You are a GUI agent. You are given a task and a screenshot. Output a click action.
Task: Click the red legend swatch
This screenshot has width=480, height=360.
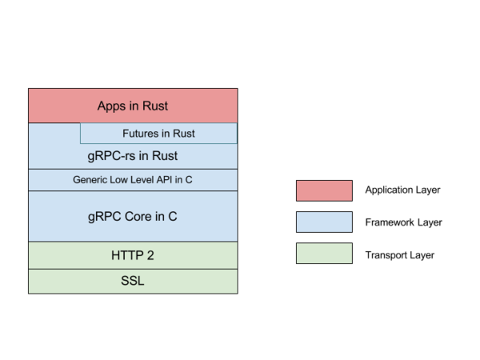tap(324, 190)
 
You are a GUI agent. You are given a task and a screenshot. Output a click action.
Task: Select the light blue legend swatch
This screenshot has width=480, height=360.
tap(324, 222)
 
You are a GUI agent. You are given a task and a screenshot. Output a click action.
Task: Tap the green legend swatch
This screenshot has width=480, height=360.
tap(324, 253)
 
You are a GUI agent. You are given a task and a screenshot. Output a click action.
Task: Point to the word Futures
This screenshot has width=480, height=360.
tap(140, 134)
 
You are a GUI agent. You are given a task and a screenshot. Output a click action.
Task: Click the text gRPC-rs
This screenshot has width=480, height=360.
tap(109, 156)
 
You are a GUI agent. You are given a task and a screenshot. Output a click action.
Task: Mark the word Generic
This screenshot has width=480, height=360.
tap(91, 180)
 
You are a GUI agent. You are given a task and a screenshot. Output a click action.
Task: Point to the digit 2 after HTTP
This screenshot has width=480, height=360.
tap(150, 256)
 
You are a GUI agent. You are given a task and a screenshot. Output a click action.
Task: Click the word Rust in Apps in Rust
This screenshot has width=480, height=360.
tap(154, 106)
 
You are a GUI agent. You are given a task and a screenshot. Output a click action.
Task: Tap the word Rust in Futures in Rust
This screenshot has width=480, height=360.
tap(183, 134)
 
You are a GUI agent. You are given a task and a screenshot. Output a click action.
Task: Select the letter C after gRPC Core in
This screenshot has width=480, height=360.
tap(173, 216)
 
